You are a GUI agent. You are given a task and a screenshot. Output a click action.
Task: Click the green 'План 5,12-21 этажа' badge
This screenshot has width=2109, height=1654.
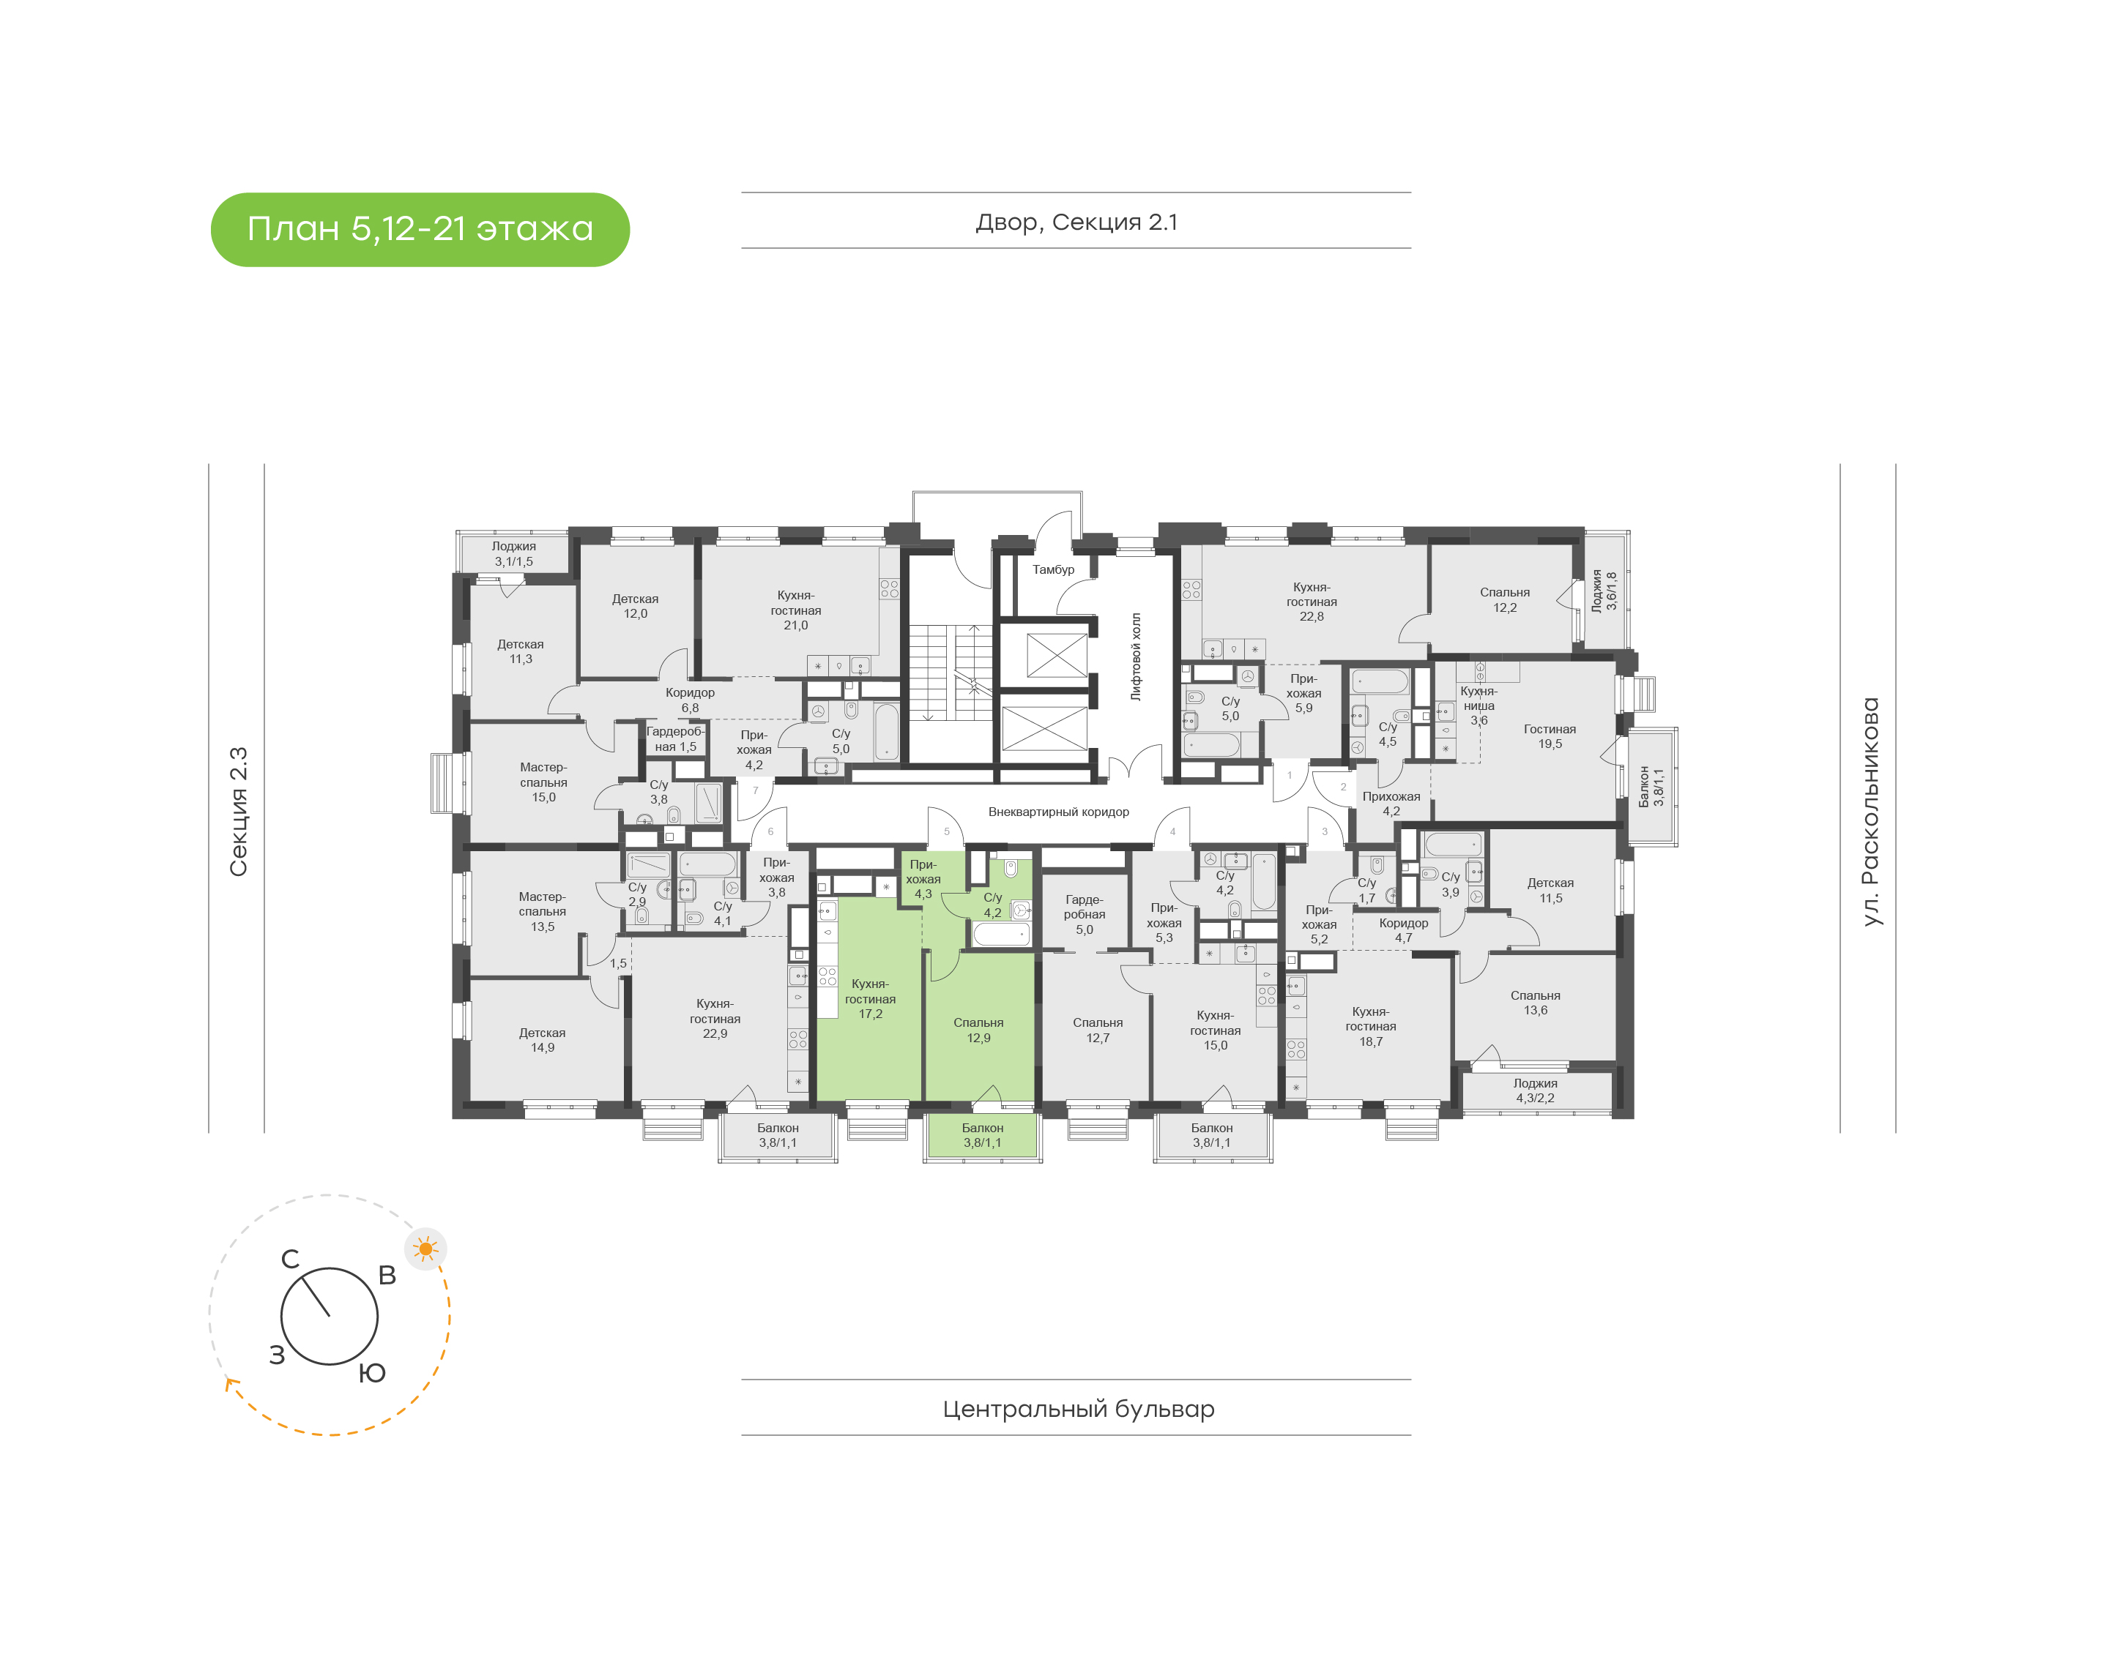[420, 230]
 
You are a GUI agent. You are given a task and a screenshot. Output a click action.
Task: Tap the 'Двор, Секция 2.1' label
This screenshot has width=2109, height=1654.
[1076, 222]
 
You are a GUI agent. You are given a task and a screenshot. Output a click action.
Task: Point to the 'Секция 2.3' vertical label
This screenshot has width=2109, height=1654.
[238, 812]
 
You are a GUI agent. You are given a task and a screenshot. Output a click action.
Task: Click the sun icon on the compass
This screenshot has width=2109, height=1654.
[425, 1249]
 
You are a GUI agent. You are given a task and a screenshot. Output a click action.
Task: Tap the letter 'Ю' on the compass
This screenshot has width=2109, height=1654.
[372, 1373]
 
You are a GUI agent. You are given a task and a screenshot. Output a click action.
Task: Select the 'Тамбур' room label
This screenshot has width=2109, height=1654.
[1053, 569]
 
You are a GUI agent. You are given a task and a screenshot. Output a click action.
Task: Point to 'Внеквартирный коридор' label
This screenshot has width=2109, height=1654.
[1058, 812]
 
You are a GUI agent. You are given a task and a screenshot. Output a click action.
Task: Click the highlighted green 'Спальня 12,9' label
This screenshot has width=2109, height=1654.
[978, 1030]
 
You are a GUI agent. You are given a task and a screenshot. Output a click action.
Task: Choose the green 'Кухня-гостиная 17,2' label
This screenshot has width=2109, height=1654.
[870, 998]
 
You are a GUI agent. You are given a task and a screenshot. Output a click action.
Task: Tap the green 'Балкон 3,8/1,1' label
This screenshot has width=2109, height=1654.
[982, 1135]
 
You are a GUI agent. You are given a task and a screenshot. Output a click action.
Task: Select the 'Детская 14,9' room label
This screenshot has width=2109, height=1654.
[543, 1040]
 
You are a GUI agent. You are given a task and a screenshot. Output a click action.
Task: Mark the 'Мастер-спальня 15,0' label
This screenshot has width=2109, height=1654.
[543, 782]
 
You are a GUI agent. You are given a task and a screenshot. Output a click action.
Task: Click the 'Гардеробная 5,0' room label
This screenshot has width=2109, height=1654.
[1084, 914]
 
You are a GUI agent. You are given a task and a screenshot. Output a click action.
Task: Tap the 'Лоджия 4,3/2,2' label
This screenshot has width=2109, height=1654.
[1536, 1090]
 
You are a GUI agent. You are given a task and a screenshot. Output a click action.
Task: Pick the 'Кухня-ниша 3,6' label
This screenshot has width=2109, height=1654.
[1479, 705]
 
